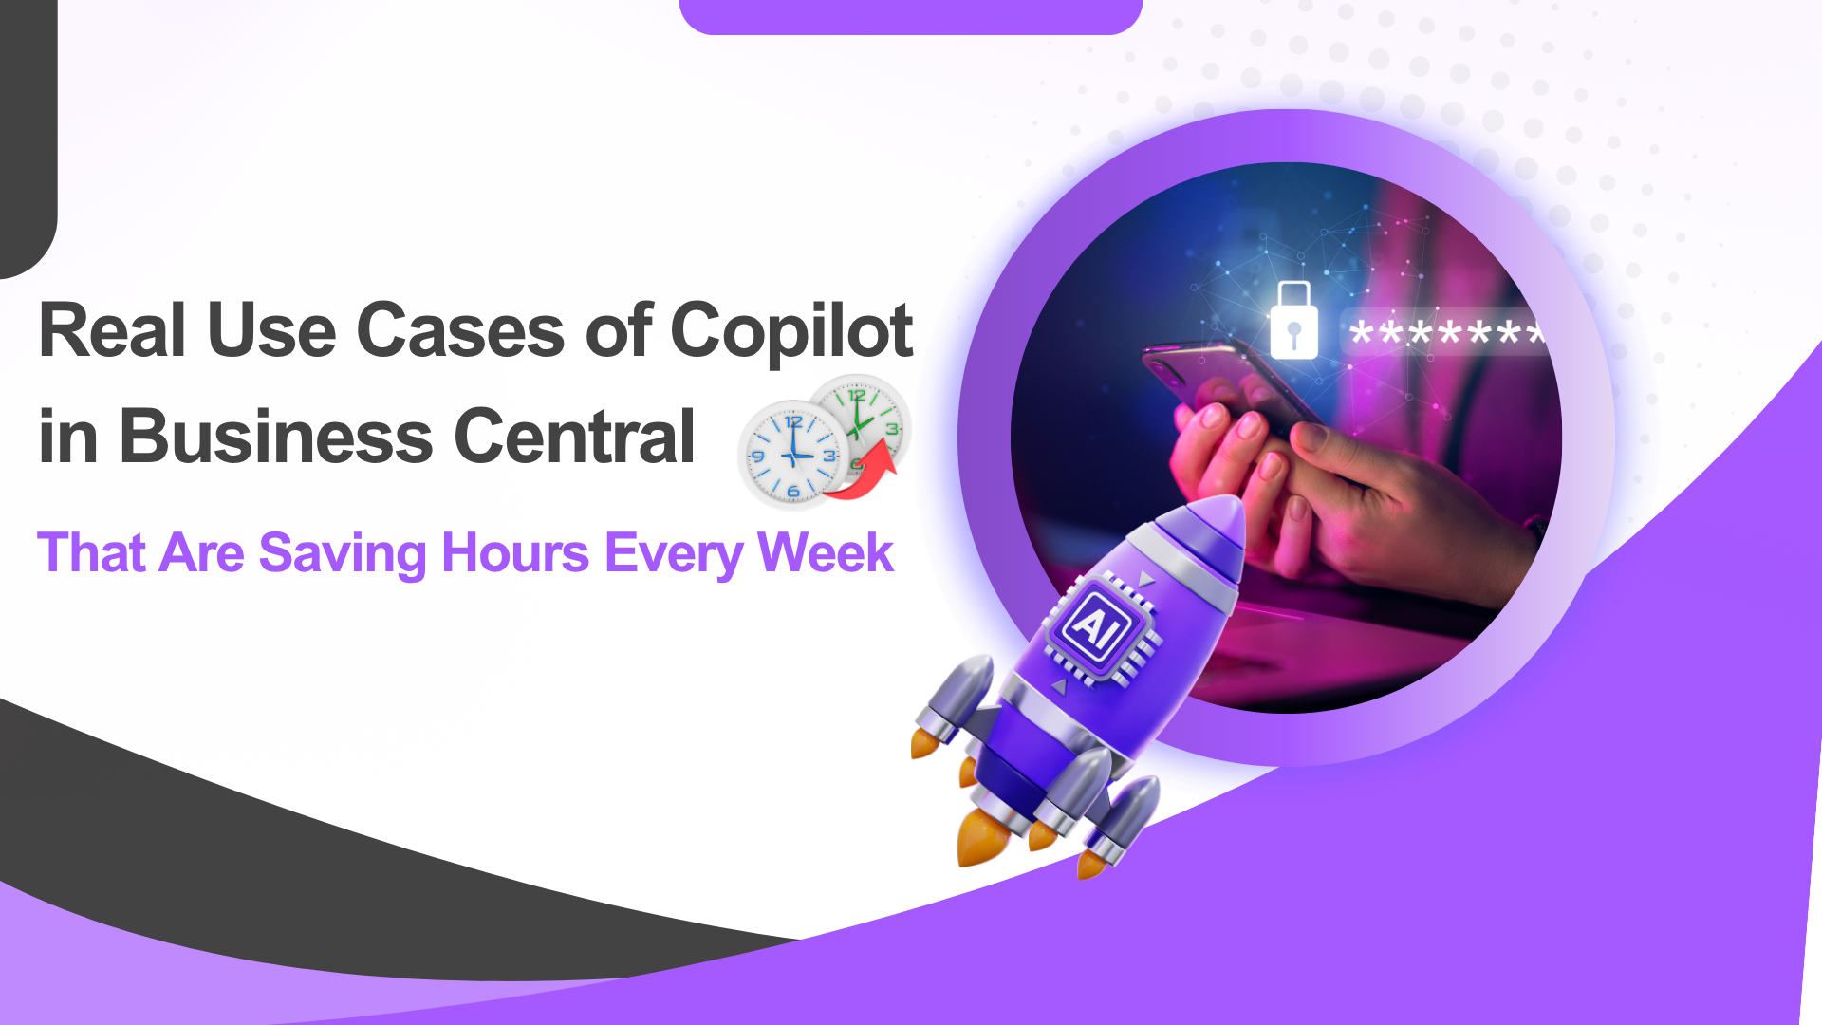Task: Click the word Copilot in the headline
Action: (x=791, y=332)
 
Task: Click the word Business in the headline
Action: (x=276, y=437)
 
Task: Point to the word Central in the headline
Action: (x=575, y=437)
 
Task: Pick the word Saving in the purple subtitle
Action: (x=343, y=553)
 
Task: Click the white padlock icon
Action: (x=1293, y=323)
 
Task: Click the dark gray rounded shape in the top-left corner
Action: (x=27, y=133)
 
